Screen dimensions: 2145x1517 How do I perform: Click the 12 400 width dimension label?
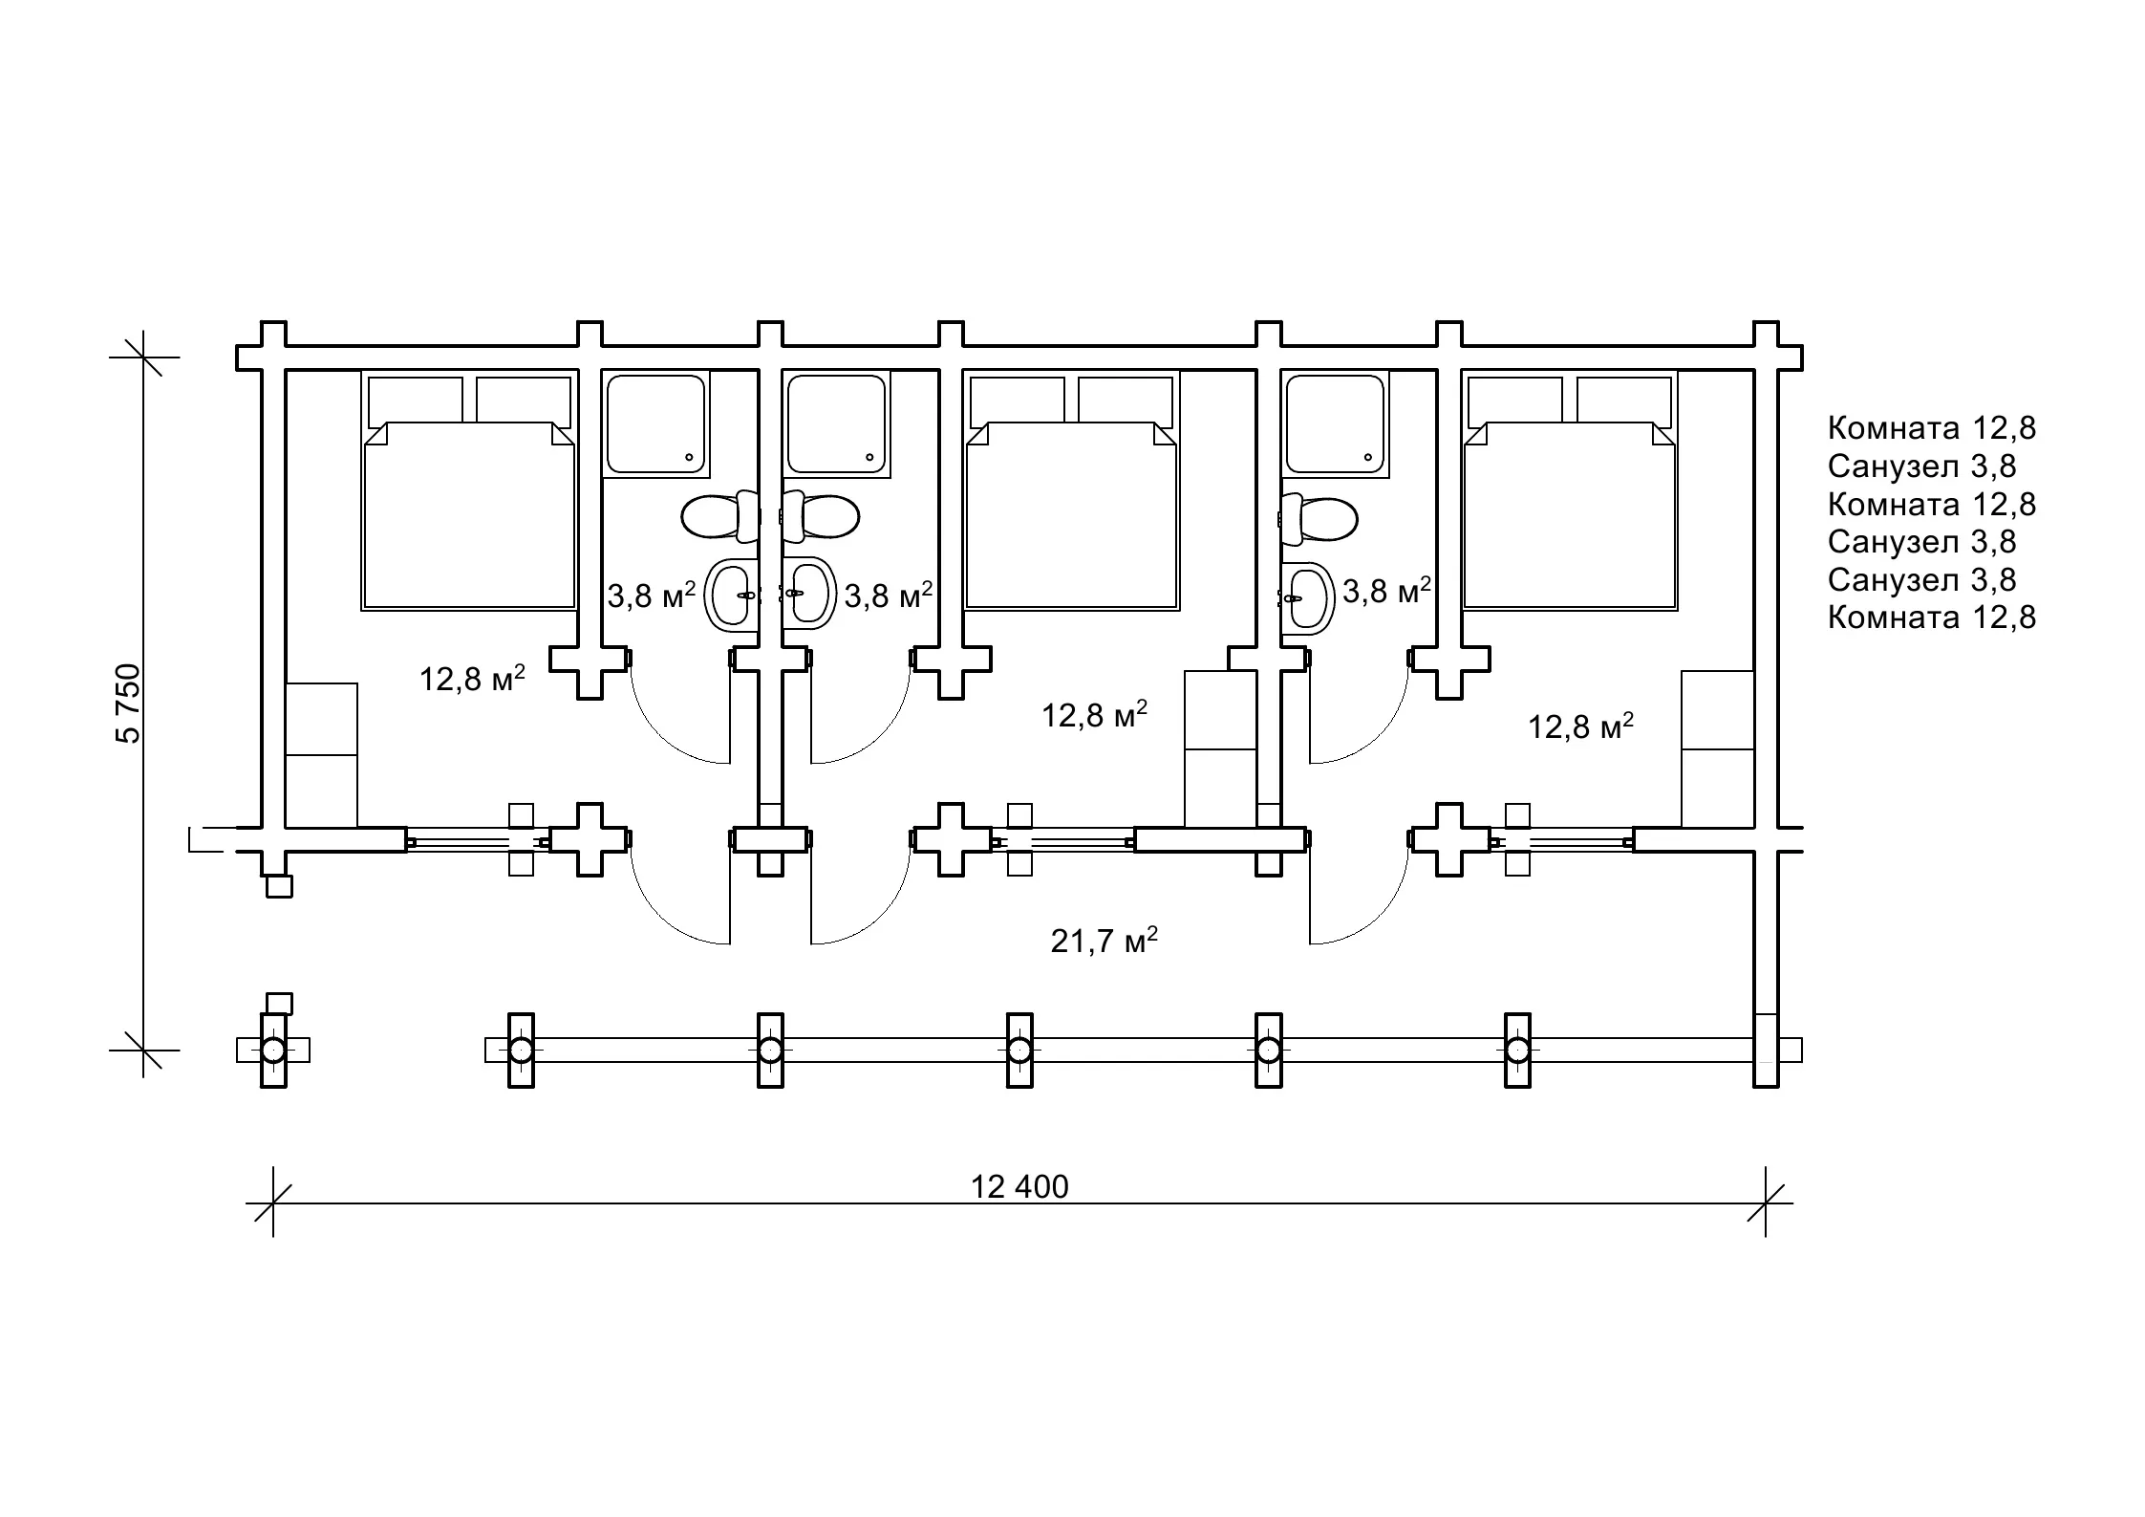pos(1019,1187)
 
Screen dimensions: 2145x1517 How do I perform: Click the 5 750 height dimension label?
pos(128,703)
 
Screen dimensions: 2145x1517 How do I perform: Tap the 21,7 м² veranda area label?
pos(1105,941)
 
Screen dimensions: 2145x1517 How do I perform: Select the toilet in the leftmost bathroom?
pos(719,516)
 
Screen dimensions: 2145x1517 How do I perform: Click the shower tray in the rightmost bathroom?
pos(1335,424)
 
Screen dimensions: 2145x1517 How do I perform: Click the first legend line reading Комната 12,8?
pos(1932,427)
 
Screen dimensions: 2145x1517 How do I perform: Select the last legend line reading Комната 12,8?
pos(1932,617)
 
